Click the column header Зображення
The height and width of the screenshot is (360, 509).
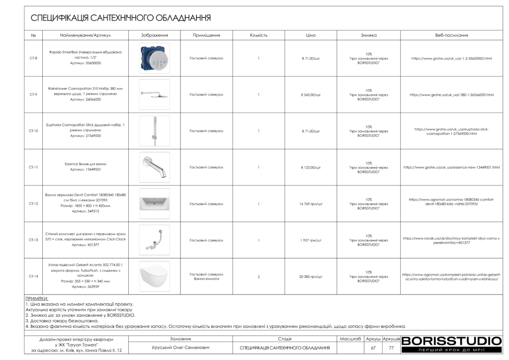154,35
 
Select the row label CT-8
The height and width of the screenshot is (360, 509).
33,58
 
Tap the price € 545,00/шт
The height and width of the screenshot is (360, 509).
311,94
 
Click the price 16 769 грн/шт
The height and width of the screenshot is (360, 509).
311,204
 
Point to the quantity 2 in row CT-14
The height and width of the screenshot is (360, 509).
258,276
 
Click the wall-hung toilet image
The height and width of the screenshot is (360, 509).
154,276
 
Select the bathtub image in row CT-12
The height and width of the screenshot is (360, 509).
154,203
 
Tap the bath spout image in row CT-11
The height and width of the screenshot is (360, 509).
154,167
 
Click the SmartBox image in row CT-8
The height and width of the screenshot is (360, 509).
154,58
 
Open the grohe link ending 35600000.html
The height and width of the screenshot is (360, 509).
451,58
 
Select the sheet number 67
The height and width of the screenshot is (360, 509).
373,348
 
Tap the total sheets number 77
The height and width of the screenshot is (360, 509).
391,348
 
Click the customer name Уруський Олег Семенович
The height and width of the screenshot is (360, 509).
180,348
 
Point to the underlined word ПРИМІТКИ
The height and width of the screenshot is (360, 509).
37,299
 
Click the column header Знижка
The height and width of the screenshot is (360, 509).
368,35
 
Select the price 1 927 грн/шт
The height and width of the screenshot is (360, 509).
311,240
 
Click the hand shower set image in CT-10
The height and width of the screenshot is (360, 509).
154,131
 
